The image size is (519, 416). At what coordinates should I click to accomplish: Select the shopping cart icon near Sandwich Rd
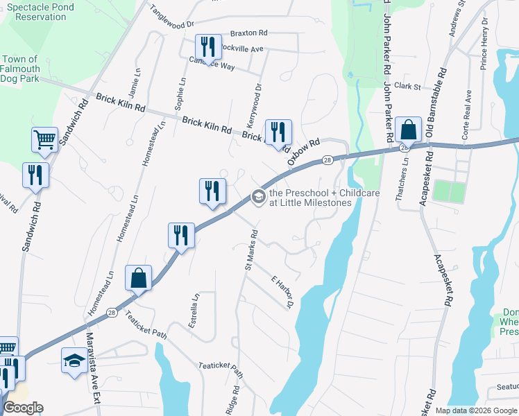(x=44, y=139)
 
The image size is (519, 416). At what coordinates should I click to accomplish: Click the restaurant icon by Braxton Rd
(x=208, y=47)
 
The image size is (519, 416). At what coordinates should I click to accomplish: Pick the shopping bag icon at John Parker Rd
(x=409, y=130)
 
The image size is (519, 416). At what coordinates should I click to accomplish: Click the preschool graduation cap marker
(x=258, y=198)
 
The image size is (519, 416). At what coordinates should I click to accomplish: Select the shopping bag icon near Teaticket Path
(x=138, y=278)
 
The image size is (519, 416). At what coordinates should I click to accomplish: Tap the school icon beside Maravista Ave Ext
(x=74, y=361)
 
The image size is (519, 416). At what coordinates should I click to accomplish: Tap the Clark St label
(x=407, y=87)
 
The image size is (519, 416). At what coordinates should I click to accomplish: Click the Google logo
(x=23, y=408)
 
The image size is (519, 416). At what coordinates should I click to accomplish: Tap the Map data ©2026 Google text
(x=475, y=410)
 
